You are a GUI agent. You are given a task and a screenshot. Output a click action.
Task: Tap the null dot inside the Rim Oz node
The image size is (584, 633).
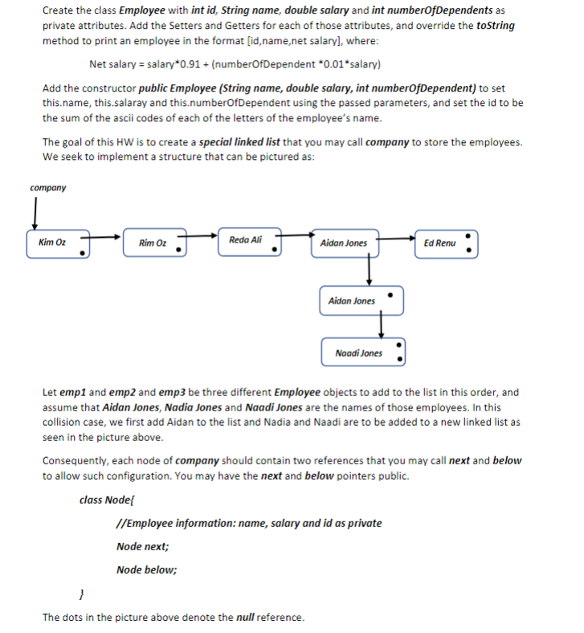[178, 251]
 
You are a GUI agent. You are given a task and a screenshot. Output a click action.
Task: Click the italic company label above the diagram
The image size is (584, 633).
[47, 188]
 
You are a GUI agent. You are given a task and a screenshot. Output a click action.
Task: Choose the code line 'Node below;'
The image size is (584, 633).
[146, 570]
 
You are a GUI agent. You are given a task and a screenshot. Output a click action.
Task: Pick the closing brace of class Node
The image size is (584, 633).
[81, 594]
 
